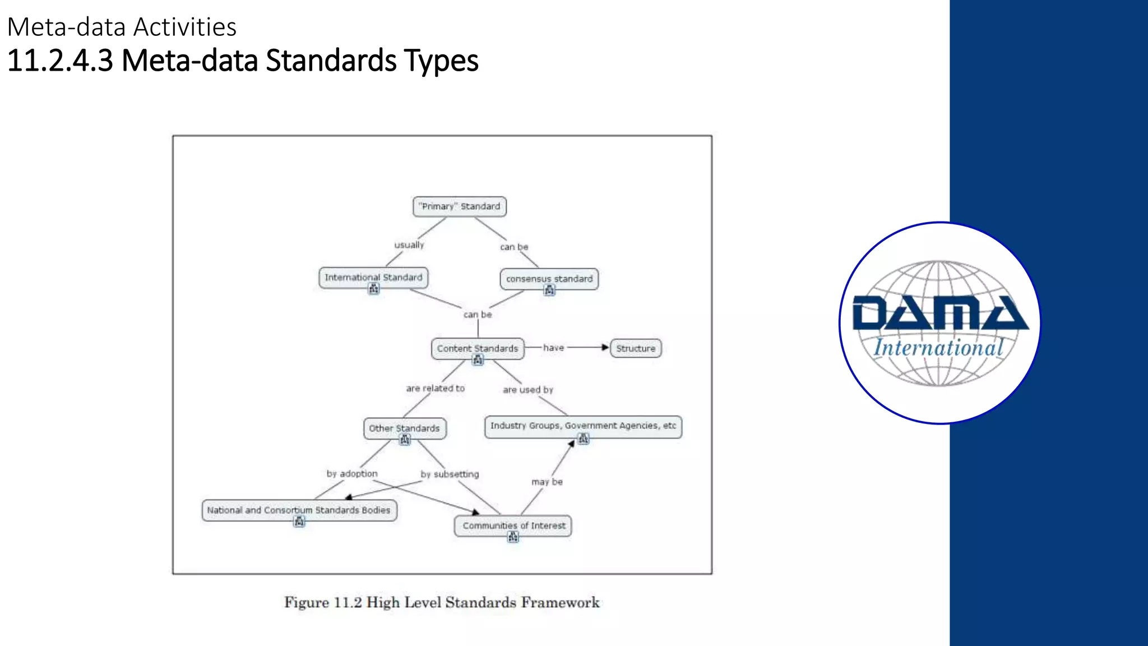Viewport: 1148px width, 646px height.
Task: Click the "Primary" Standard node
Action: click(460, 206)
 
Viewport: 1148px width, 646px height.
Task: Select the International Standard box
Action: click(373, 277)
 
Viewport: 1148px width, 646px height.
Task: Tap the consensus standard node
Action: click(549, 279)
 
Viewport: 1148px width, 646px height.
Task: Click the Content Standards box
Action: click(478, 348)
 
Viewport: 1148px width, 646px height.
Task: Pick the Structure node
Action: click(636, 348)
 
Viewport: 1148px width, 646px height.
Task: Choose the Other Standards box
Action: click(404, 428)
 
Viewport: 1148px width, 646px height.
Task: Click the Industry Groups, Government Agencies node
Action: click(583, 426)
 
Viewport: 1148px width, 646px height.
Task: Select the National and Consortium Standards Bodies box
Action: click(299, 510)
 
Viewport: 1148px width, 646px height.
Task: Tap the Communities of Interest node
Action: click(513, 525)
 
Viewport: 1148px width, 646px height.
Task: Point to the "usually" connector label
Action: click(409, 245)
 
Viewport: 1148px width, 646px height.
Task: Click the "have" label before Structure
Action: click(553, 348)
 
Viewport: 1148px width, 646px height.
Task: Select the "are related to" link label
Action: click(436, 388)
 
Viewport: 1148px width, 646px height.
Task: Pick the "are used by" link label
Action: click(527, 390)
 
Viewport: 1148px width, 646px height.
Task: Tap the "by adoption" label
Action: click(352, 474)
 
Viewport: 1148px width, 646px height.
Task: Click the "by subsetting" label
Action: click(450, 474)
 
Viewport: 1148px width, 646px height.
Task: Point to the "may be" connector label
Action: click(547, 482)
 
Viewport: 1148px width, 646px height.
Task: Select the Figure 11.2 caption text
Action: click(442, 602)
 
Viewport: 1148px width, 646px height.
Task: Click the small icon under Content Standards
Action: click(478, 361)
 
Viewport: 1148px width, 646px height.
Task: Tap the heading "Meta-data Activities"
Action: click(122, 27)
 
